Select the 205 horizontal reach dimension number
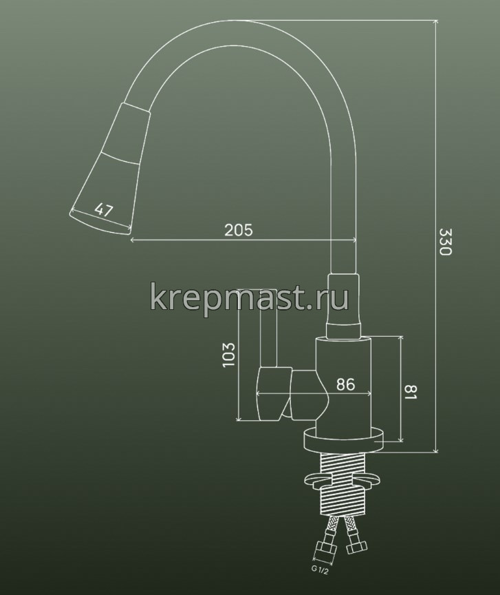click(x=239, y=231)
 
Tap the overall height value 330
click(x=445, y=243)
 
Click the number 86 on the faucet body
click(x=345, y=386)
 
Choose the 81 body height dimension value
click(x=411, y=394)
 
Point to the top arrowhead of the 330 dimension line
click(x=435, y=23)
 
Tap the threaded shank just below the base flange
click(x=342, y=463)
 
